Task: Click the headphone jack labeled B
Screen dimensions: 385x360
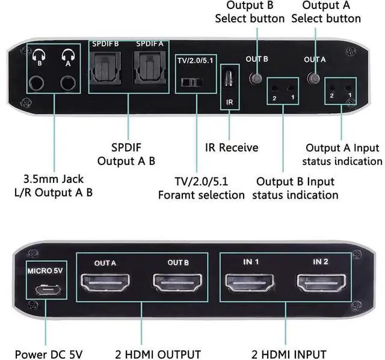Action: click(x=40, y=82)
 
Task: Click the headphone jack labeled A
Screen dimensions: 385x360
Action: click(x=67, y=82)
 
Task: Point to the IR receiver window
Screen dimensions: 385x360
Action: click(x=229, y=78)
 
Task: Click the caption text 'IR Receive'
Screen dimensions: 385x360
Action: click(x=229, y=147)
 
